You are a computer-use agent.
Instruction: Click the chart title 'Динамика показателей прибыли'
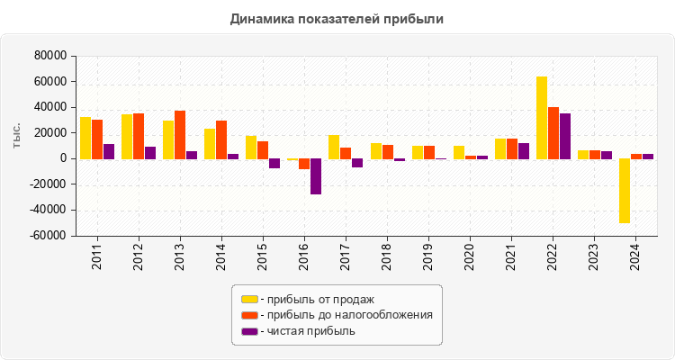pos(337,18)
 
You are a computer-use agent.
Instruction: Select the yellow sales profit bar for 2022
pos(542,118)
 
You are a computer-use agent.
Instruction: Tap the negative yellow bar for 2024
pos(625,191)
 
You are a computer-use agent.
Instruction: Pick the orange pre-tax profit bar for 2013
pos(180,135)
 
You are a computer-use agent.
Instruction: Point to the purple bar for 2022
pos(565,136)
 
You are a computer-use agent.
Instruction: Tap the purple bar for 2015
pos(274,164)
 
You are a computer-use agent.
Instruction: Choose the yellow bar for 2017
pos(334,147)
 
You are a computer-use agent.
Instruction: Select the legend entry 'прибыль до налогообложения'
pos(346,315)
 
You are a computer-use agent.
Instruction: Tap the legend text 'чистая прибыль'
pos(308,331)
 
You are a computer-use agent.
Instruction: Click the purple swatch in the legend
pos(249,331)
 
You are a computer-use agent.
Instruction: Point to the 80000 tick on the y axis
pos(52,56)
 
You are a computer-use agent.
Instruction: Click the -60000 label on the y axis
pos(50,236)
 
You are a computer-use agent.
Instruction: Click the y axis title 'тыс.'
pos(17,136)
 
